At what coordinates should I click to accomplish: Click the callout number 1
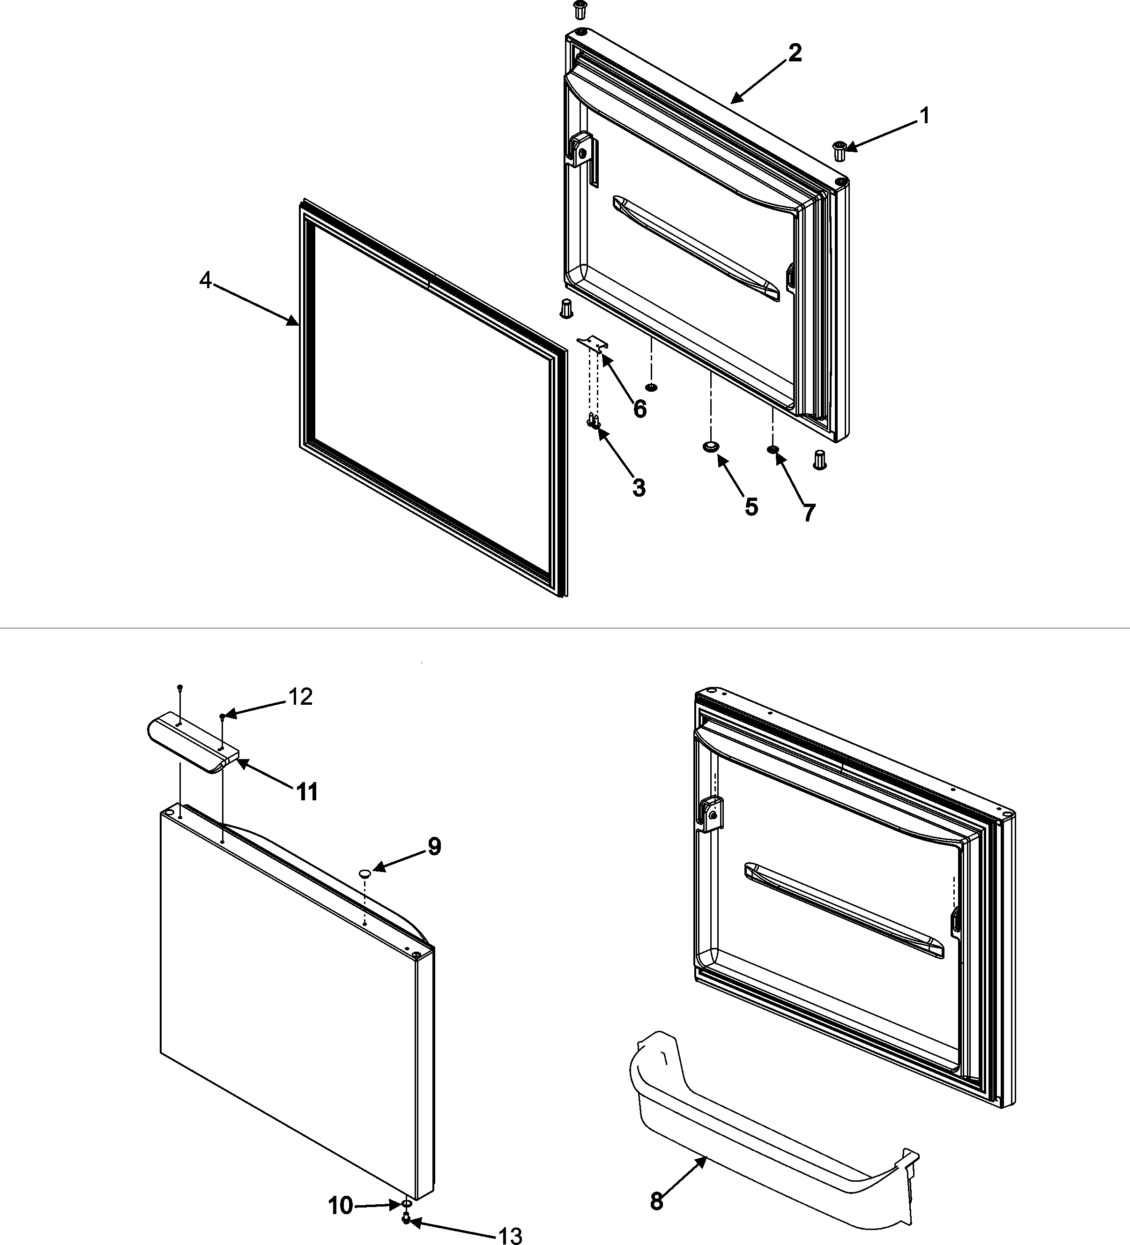coord(924,115)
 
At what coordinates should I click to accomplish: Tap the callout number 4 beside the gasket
coord(205,281)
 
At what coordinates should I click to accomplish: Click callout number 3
coord(639,487)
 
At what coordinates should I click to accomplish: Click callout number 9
coord(434,847)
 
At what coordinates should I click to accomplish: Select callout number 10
coord(340,1205)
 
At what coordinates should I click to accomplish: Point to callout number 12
coord(300,697)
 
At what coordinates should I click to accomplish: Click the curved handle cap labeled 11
coord(192,741)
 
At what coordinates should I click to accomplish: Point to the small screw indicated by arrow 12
coord(222,716)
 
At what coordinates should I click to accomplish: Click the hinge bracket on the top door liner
coord(580,150)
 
